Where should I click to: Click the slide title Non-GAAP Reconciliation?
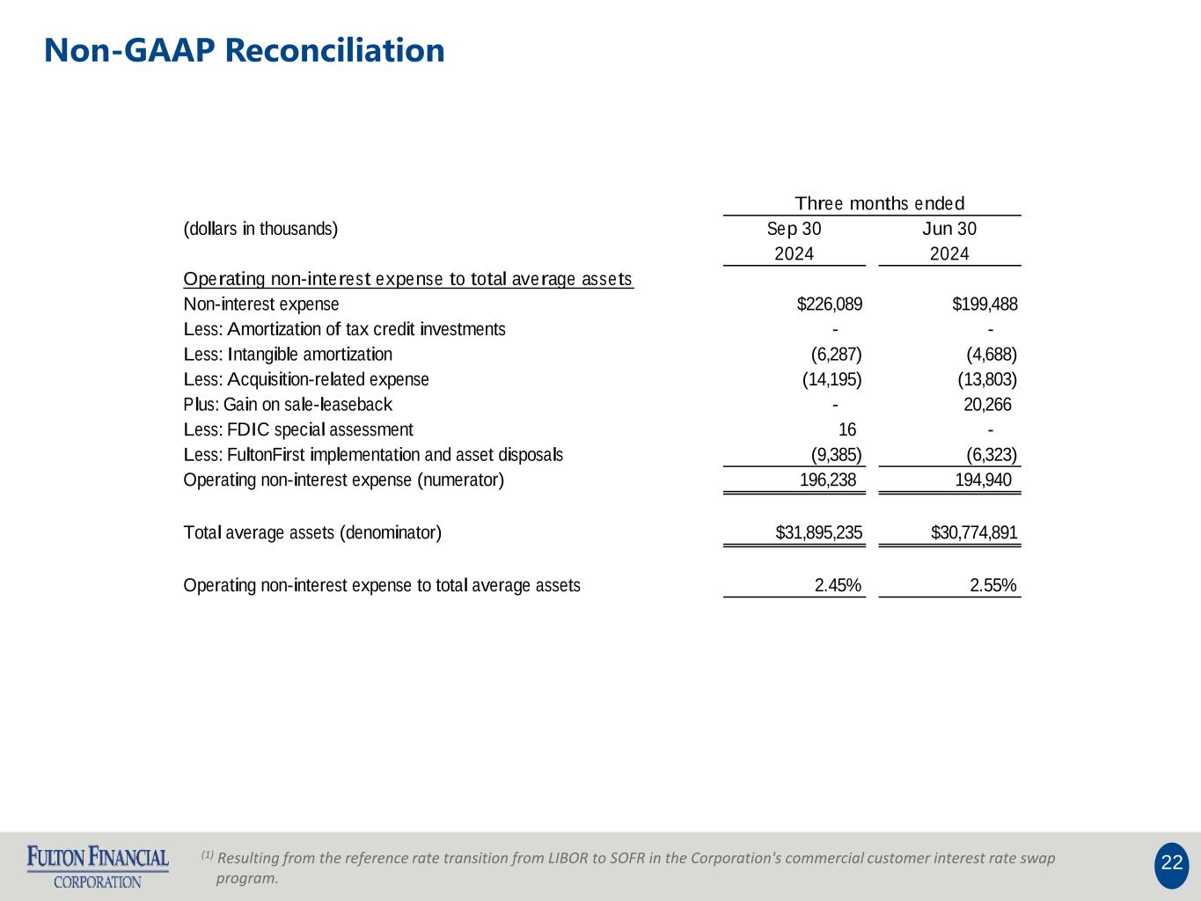(x=245, y=50)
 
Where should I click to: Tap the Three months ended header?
(x=879, y=203)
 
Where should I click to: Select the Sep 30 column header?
(x=794, y=229)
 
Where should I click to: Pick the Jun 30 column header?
(x=949, y=229)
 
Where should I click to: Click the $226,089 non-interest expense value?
(x=829, y=304)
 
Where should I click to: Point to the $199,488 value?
(x=985, y=304)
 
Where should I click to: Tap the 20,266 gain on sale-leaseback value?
(x=987, y=405)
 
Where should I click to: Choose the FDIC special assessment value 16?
(x=846, y=429)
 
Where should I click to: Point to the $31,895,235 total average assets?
(x=818, y=532)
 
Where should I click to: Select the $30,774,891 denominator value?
(x=974, y=532)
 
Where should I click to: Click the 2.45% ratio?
(x=838, y=585)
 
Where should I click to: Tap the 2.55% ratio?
(x=993, y=585)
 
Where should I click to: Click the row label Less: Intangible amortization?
(x=288, y=355)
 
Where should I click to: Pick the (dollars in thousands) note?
(x=260, y=229)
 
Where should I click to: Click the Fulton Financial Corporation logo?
(x=98, y=867)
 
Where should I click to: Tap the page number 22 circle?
(x=1171, y=863)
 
